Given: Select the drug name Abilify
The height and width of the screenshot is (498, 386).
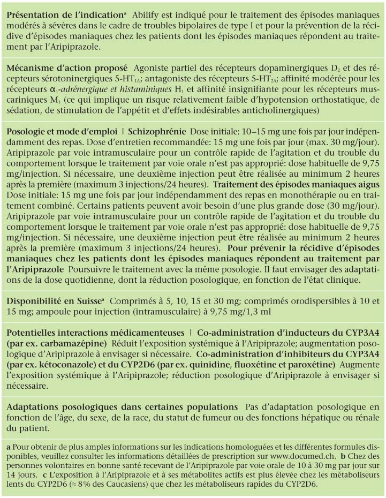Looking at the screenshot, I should click(143, 16).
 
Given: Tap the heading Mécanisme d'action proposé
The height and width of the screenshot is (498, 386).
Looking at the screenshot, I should click(67, 69).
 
